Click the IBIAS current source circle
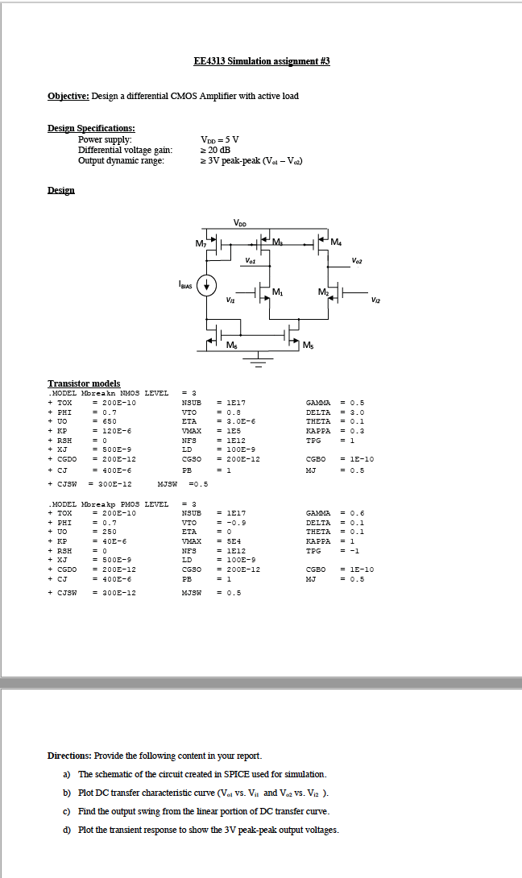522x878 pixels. tap(207, 284)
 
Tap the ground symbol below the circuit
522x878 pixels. tap(259, 358)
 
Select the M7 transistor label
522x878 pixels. tap(201, 243)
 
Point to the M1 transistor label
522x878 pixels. tap(278, 291)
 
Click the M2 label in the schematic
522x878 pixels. tap(322, 291)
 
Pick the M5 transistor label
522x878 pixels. tap(309, 346)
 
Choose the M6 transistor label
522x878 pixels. tap(232, 346)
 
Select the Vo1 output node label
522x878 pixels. tap(251, 259)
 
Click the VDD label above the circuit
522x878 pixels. tap(240, 223)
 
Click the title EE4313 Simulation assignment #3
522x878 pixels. tap(262, 61)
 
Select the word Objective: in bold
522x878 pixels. tap(68, 96)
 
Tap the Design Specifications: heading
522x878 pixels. tap(91, 128)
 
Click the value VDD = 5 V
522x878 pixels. tap(220, 139)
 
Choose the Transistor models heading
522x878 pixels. tap(84, 383)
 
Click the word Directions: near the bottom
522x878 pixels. tap(69, 756)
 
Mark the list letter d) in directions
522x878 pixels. tap(67, 830)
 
